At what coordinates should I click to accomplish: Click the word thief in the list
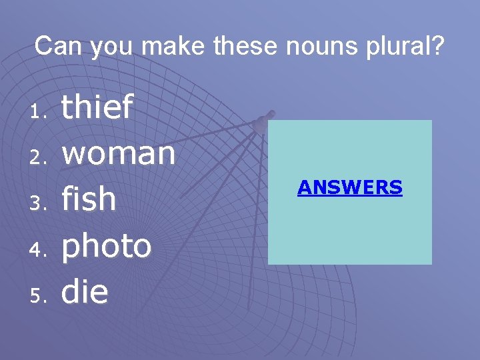[x=97, y=108]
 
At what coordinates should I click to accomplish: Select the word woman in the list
[x=119, y=155]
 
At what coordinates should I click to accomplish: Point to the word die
[x=85, y=291]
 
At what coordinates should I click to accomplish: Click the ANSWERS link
[x=350, y=187]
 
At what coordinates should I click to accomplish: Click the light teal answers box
[x=350, y=227]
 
